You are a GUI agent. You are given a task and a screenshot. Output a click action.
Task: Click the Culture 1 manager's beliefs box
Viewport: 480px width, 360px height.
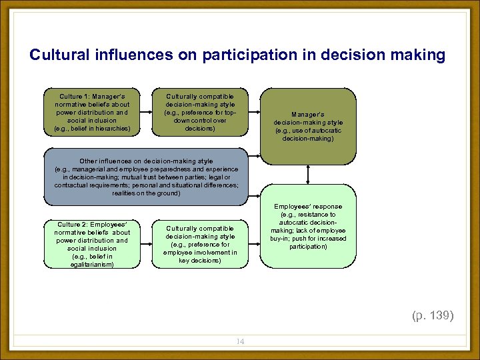click(x=92, y=111)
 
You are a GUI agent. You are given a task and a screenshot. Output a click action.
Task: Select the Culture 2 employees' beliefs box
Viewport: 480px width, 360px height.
click(x=92, y=243)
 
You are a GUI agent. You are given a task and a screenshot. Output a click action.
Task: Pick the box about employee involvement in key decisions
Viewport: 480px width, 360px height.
click(x=200, y=243)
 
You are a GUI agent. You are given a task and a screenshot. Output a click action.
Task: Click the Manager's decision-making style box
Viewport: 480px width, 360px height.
click(x=308, y=125)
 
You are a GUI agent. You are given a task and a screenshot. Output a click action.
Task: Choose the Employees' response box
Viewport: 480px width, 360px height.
click(x=308, y=227)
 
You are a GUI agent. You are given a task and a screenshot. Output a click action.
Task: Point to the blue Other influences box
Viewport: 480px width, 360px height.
click(x=146, y=177)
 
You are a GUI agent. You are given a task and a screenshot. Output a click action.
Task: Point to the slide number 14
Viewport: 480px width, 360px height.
click(x=240, y=341)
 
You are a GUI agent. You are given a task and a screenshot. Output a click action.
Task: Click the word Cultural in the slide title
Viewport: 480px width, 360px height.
click(x=57, y=55)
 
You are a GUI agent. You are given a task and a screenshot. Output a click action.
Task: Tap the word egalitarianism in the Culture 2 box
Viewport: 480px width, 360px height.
click(x=92, y=265)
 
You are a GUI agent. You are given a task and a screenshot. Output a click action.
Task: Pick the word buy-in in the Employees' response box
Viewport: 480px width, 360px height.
click(x=279, y=238)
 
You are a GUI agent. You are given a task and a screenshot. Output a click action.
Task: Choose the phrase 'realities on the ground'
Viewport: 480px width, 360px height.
click(x=146, y=193)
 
